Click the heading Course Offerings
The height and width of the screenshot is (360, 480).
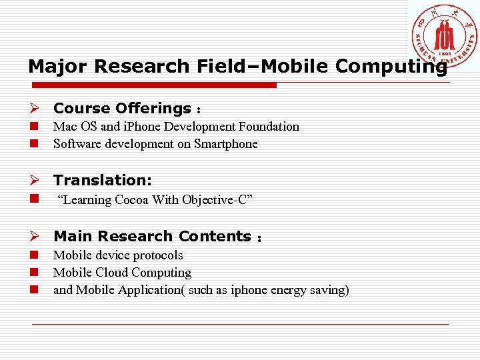point(123,108)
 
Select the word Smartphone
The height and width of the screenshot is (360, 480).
point(225,144)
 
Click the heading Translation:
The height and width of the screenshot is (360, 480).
point(103,180)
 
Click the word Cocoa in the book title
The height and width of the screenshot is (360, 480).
point(132,200)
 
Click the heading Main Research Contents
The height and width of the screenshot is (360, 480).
point(152,236)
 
